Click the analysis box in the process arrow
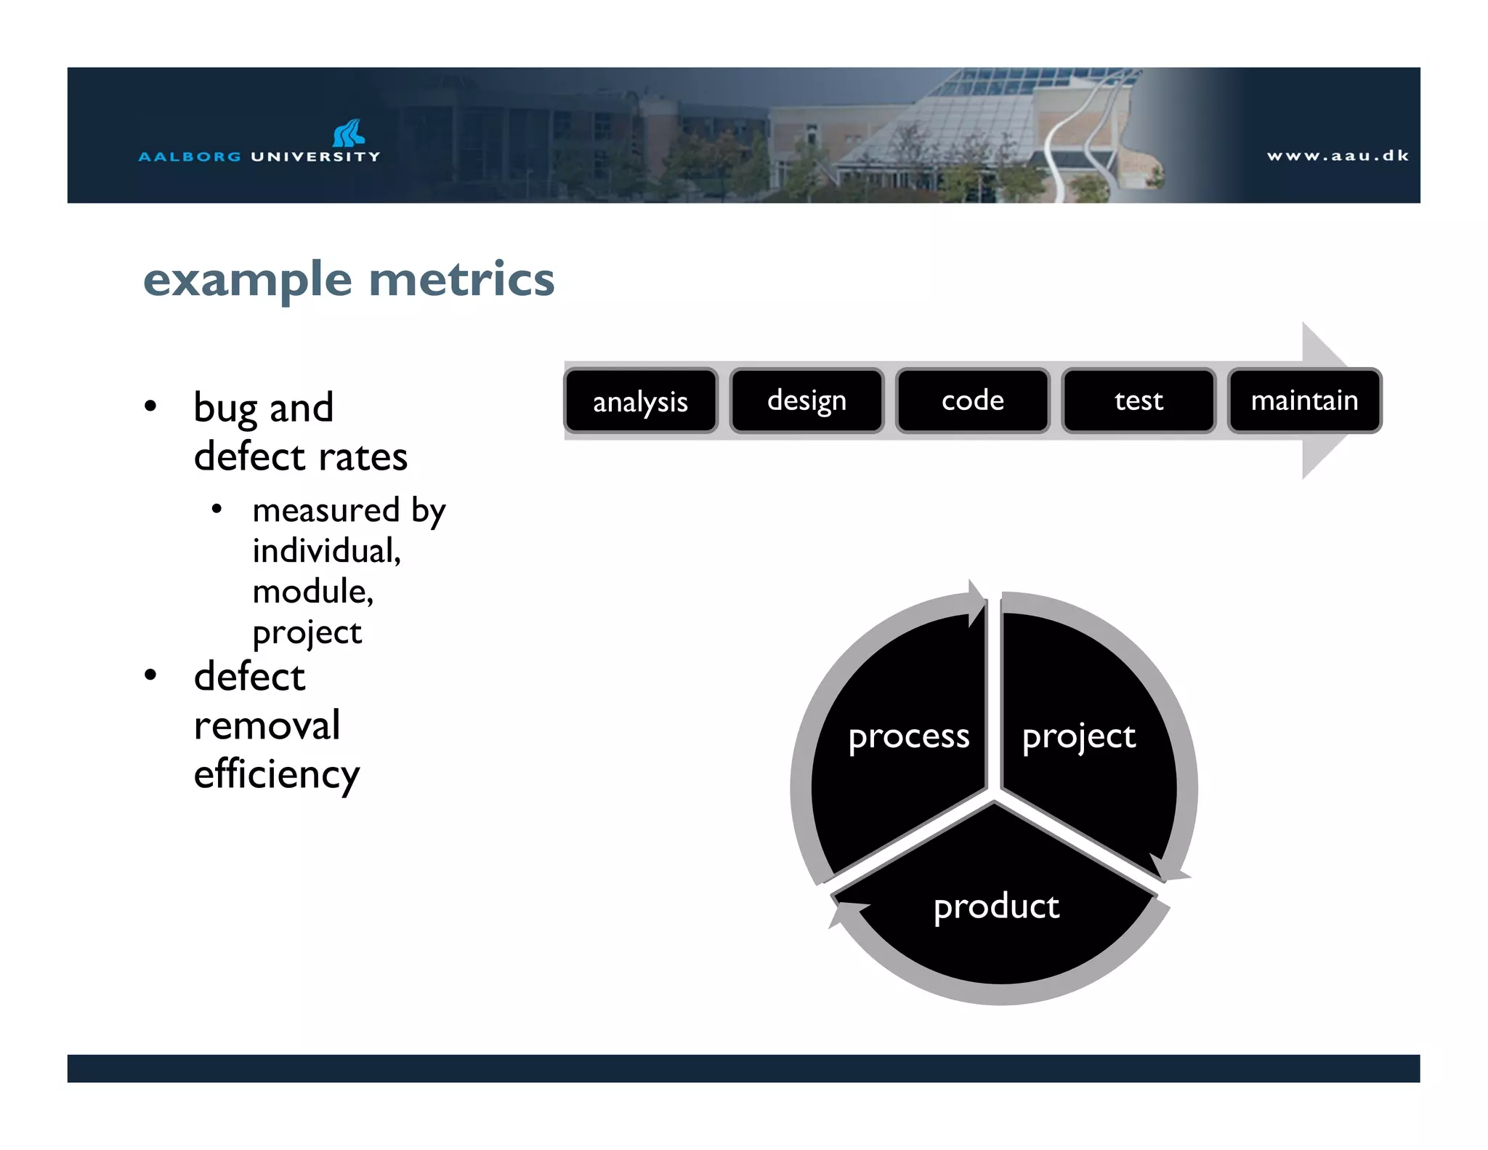tap(641, 401)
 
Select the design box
tap(806, 401)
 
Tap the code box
tap(973, 401)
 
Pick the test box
tap(1139, 401)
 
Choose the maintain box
tap(1304, 401)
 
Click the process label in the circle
tap(908, 737)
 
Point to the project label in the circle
tap(1078, 737)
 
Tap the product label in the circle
tap(996, 906)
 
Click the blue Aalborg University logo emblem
tap(349, 133)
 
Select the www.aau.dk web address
tap(1338, 156)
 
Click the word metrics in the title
tap(461, 280)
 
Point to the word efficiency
tap(276, 775)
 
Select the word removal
tap(267, 725)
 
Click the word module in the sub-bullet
tap(312, 592)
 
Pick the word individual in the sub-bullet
tap(325, 551)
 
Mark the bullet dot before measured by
tap(217, 510)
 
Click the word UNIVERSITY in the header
tap(315, 156)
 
